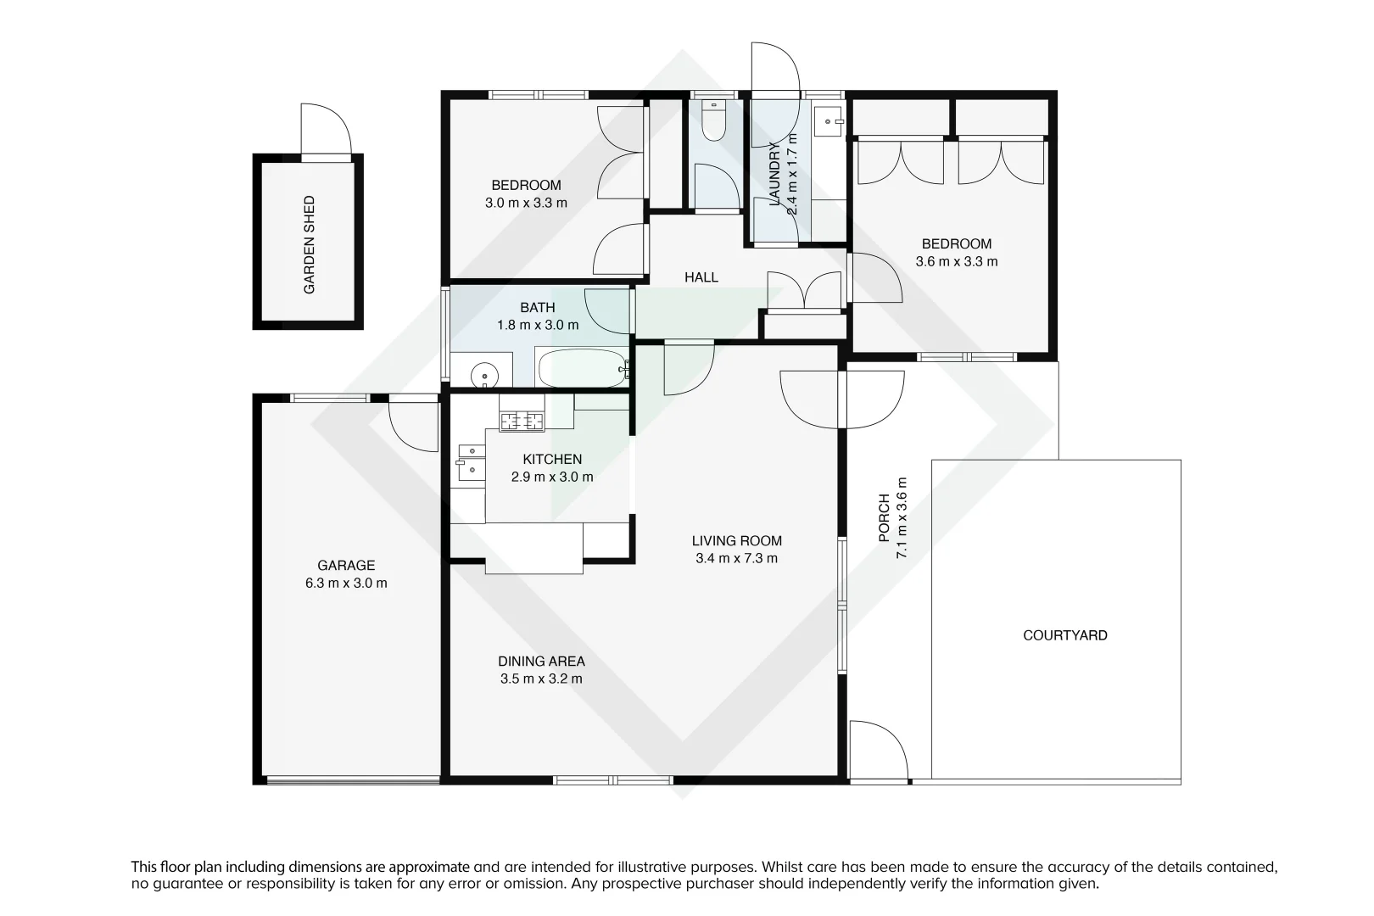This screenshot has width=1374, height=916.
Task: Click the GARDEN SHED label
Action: [x=310, y=245]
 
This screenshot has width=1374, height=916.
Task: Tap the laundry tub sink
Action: [x=826, y=122]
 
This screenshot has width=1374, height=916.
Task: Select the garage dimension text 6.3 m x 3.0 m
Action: [x=346, y=584]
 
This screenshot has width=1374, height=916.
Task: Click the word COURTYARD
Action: [x=1064, y=635]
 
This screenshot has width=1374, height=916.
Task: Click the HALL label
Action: [x=701, y=277]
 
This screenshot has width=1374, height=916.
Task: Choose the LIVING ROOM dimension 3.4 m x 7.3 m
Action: [x=736, y=558]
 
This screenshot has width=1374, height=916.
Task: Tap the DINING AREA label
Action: [x=541, y=661]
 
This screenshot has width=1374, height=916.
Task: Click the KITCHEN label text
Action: [x=552, y=459]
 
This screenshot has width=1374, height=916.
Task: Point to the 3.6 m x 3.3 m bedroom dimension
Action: [x=957, y=261]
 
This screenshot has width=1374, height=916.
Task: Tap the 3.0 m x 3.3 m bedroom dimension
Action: [x=526, y=203]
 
